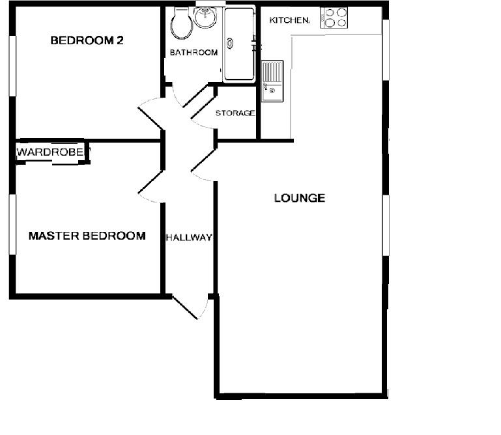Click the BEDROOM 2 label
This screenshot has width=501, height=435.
coord(87,40)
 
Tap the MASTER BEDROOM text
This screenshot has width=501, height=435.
coord(87,236)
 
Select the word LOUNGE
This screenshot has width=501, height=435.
coord(299,198)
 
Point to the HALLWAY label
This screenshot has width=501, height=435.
coord(188,238)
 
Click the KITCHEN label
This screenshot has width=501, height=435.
coord(289,21)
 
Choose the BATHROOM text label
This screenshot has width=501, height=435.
coord(193,53)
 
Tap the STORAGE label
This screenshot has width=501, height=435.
coord(235,113)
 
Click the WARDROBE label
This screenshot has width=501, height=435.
coord(51,152)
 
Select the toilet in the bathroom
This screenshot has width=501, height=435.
coord(181,25)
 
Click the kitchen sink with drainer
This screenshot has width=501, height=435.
coord(272,81)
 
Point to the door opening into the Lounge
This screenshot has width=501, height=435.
coord(204,165)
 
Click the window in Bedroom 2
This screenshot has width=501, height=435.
coord(11,65)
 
